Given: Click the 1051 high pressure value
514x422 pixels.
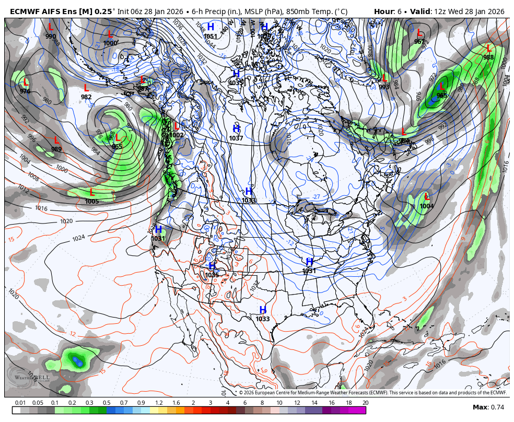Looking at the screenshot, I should click(x=211, y=36).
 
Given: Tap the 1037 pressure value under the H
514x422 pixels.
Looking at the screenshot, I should click(x=236, y=138).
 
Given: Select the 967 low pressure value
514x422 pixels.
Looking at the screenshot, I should click(x=419, y=42).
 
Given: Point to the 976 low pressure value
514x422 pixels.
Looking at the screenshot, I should click(x=25, y=91).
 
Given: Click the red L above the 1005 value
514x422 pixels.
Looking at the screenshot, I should click(x=92, y=193).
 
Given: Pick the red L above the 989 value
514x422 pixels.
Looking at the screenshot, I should click(x=56, y=140).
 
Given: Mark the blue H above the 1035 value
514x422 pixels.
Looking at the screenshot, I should click(x=212, y=266).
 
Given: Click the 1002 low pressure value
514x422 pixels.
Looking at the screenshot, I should click(x=177, y=135).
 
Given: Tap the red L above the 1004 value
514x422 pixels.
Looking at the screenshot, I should click(x=427, y=197).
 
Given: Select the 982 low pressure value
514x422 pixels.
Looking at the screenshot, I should click(x=86, y=97).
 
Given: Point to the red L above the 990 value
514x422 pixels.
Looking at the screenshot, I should click(x=51, y=27).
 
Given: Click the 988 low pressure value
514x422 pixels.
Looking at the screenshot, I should click(x=488, y=57).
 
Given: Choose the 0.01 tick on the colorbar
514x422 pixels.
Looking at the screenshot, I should click(x=20, y=403).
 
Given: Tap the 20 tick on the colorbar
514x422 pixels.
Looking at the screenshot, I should click(x=365, y=403).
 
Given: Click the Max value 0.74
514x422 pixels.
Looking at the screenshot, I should click(x=497, y=407).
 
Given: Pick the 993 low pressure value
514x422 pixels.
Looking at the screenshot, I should click(x=384, y=87).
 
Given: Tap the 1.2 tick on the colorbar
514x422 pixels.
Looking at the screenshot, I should click(x=158, y=403).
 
